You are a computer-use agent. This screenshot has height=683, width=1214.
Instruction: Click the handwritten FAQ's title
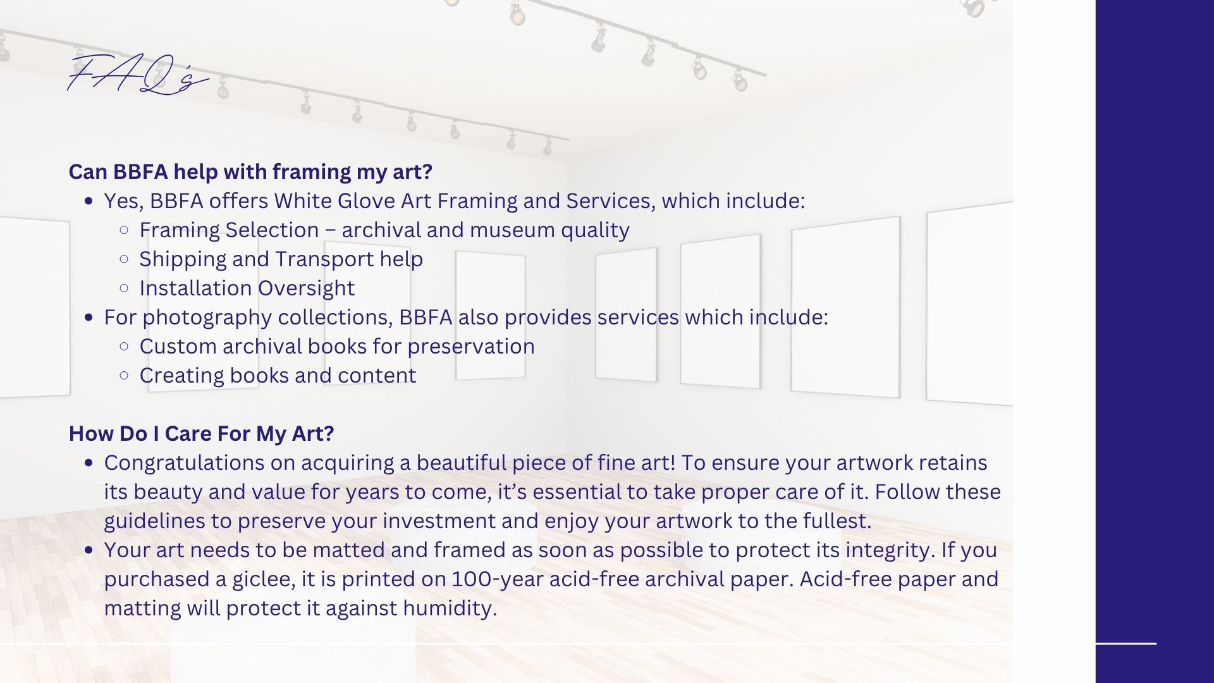pos(138,75)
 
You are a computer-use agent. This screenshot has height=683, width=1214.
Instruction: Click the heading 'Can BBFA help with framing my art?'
pos(250,172)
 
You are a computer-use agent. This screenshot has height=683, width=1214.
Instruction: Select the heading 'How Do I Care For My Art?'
pos(201,434)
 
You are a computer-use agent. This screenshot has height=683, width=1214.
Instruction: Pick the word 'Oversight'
pos(306,289)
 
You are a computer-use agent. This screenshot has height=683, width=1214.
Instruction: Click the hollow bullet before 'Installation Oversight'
pos(124,288)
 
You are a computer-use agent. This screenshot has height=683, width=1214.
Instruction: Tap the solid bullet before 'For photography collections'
pos(89,317)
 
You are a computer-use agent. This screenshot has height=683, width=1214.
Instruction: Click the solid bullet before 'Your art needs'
pos(89,550)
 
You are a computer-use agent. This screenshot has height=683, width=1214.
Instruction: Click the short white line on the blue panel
pos(1125,644)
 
